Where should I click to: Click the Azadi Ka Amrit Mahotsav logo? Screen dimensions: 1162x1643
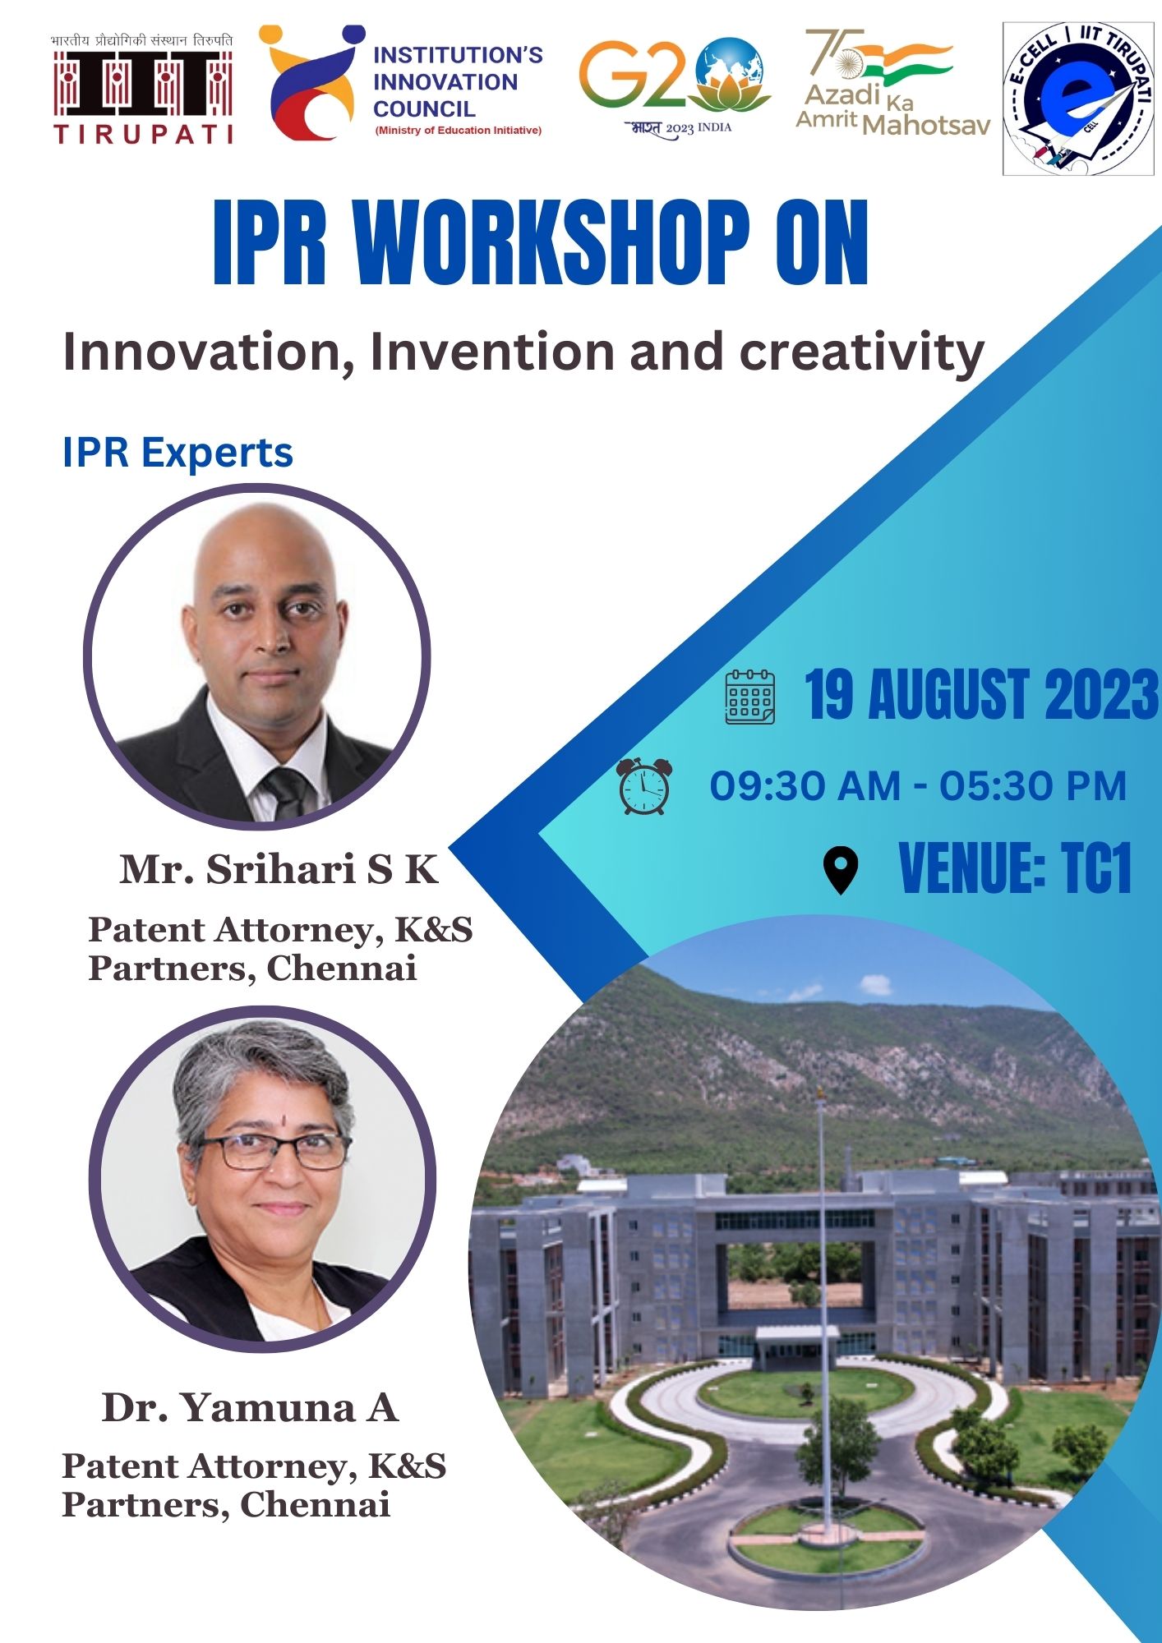tap(892, 82)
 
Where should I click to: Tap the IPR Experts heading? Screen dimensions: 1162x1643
tap(178, 453)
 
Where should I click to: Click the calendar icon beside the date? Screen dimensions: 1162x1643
tap(749, 697)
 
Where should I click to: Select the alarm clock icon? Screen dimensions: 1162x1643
tap(644, 786)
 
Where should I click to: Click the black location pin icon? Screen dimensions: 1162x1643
tap(841, 871)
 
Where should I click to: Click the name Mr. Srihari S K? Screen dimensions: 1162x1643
tap(279, 868)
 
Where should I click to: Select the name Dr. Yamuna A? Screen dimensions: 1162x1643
tap(250, 1407)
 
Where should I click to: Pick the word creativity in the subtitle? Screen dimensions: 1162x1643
tap(862, 353)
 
